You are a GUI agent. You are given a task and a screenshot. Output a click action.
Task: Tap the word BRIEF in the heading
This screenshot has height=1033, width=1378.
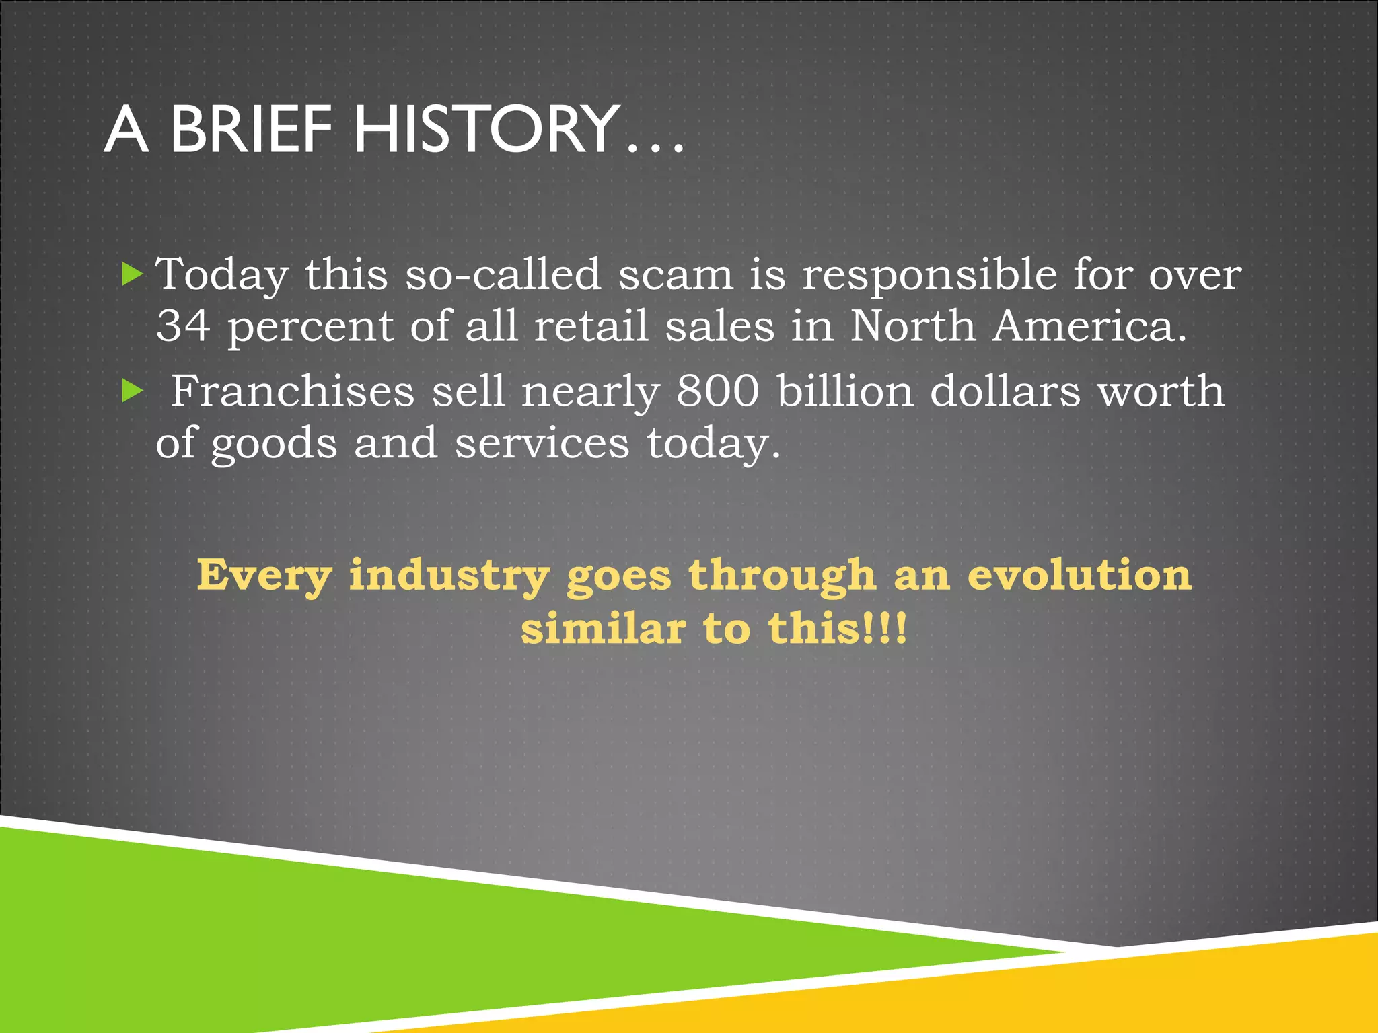point(250,129)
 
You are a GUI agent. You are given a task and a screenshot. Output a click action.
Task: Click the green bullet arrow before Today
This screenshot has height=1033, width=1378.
point(133,274)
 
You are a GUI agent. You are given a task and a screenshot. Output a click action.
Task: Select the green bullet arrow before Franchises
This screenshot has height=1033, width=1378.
point(133,391)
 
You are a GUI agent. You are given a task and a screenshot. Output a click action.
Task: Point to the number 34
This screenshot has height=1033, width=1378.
point(183,326)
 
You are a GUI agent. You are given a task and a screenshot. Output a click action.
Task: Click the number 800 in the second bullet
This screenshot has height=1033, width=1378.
point(718,391)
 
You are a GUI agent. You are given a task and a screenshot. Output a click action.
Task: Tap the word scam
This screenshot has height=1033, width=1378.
point(676,275)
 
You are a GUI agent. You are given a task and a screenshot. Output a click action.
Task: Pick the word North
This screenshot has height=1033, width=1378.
point(912,326)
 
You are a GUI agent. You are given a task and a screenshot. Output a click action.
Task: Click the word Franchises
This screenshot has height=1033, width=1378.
point(293,391)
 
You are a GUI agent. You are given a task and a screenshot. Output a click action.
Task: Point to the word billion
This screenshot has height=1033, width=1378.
point(845,391)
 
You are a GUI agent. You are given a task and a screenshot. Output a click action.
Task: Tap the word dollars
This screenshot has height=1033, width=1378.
point(1005,391)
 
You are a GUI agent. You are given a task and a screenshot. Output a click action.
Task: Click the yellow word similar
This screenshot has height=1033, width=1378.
point(603,628)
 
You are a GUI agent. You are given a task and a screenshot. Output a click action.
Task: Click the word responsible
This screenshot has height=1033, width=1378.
point(929,275)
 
